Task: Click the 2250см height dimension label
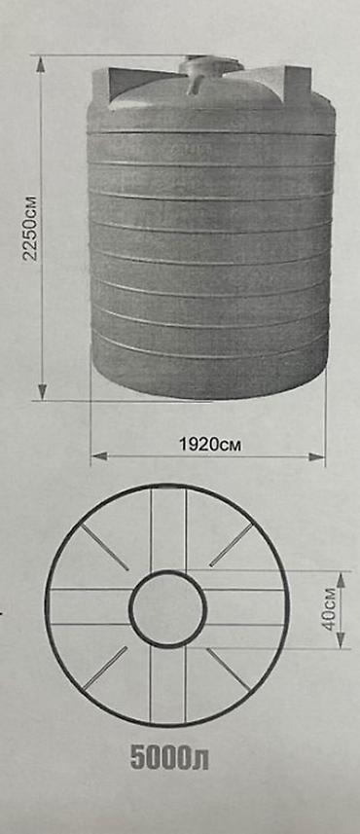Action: [31, 228]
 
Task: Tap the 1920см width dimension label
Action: [210, 445]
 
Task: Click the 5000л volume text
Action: [169, 759]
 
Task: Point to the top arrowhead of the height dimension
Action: [41, 64]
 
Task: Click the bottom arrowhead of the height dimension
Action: [42, 391]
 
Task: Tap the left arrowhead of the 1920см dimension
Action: [100, 455]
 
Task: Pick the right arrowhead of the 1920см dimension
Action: [316, 456]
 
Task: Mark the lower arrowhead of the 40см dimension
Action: [341, 640]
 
